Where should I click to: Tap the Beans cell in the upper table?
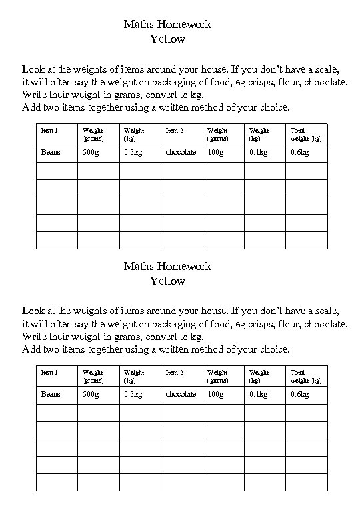click(51, 152)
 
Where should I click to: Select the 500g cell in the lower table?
click(90, 394)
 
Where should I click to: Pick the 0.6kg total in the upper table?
click(299, 152)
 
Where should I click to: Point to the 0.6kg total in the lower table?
click(299, 394)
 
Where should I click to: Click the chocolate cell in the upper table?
click(181, 152)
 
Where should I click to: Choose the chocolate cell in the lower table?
click(181, 394)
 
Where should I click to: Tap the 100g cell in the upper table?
click(215, 152)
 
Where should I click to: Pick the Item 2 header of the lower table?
click(174, 373)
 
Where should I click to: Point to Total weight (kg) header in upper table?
click(306, 135)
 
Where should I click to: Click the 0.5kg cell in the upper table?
click(133, 152)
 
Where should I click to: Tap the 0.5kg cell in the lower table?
click(133, 394)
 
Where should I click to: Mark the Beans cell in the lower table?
click(51, 394)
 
